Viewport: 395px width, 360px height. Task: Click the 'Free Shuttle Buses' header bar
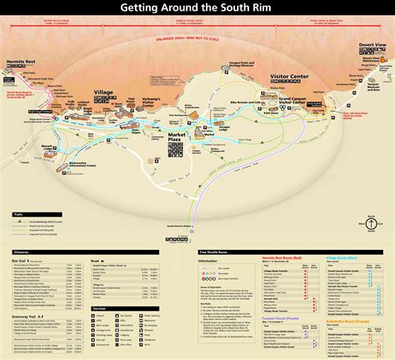[217, 252]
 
